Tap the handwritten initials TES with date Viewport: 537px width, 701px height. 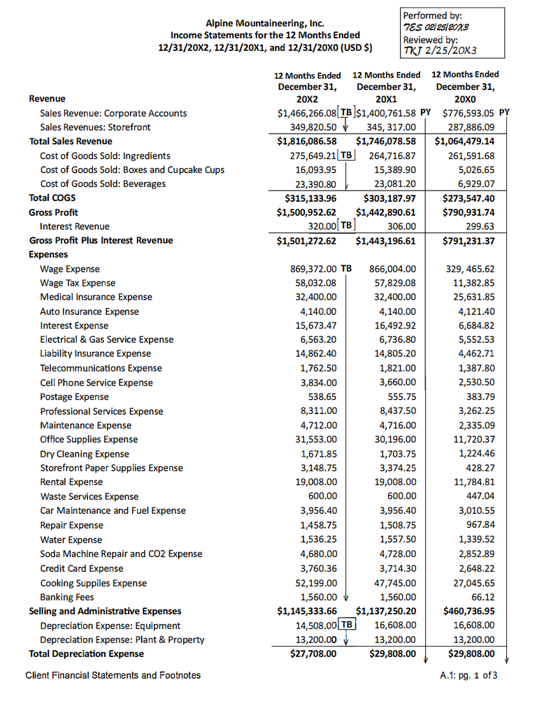click(x=435, y=27)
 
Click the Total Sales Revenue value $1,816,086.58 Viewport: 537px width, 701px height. click(x=307, y=141)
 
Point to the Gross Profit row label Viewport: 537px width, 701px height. click(x=53, y=212)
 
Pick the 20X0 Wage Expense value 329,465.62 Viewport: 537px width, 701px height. click(x=470, y=269)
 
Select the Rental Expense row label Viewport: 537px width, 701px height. click(x=71, y=482)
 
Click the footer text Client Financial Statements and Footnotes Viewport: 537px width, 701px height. click(x=113, y=675)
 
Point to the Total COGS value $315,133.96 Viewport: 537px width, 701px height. click(x=307, y=198)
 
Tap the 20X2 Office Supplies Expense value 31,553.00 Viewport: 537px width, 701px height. click(x=313, y=439)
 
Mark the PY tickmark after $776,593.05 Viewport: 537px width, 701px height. click(x=505, y=112)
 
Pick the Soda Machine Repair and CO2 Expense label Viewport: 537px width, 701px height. click(x=121, y=554)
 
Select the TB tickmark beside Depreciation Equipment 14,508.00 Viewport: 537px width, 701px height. click(x=348, y=624)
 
